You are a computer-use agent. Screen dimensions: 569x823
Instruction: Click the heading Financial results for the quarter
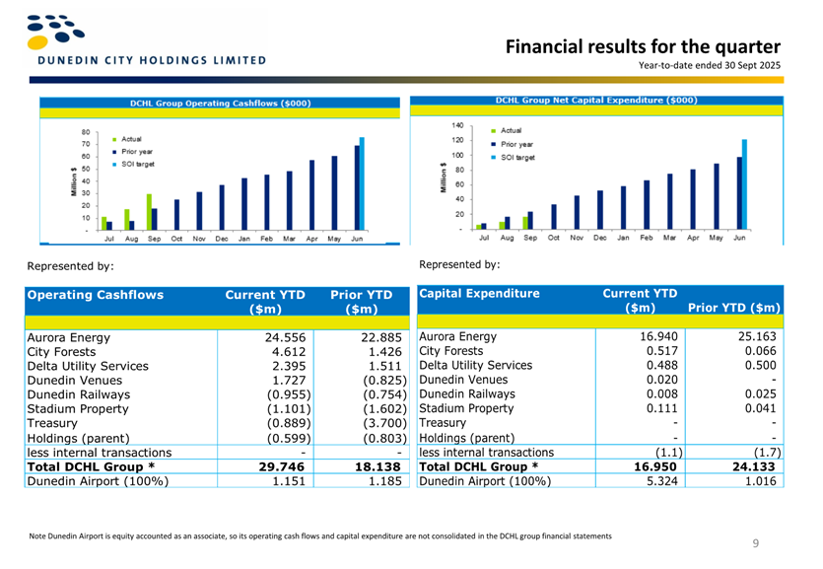[x=643, y=46]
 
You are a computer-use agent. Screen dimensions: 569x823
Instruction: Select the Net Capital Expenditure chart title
[x=596, y=100]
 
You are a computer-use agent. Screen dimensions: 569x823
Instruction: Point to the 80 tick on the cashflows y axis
[x=86, y=131]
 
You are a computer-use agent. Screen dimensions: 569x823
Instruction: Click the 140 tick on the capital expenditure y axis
[x=457, y=125]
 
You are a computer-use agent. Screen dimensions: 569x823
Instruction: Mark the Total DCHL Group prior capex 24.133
[x=754, y=466]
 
